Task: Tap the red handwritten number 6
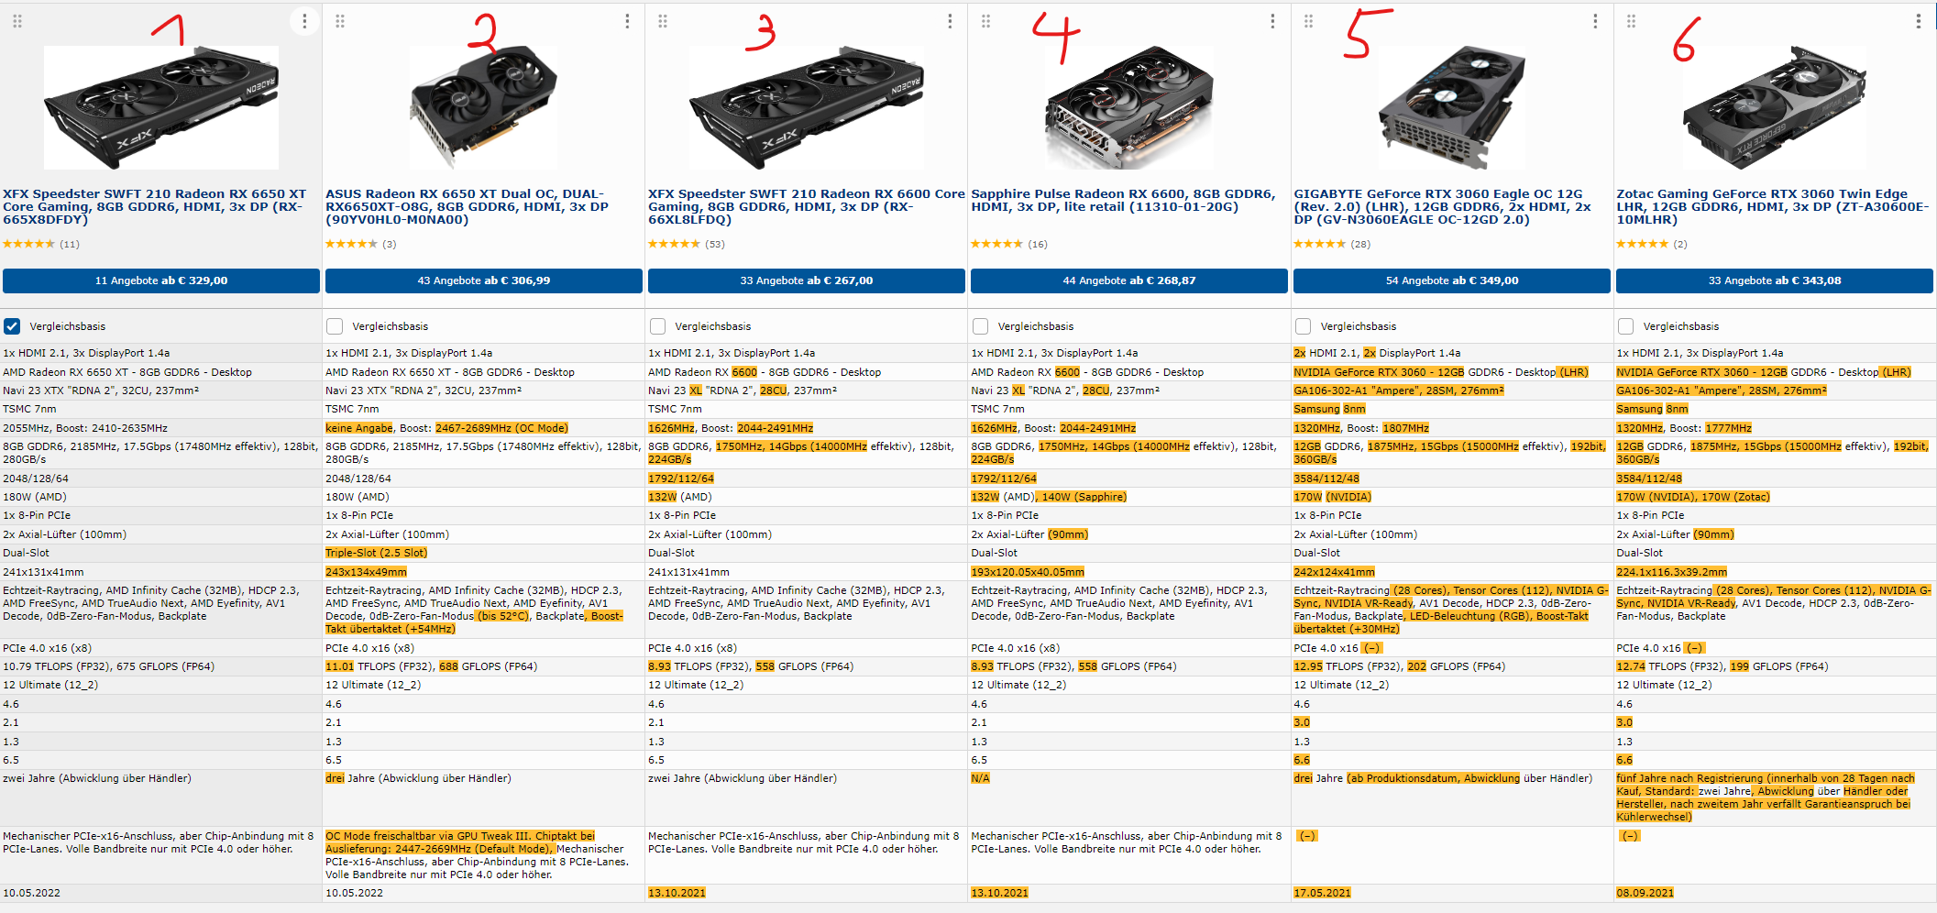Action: (1685, 40)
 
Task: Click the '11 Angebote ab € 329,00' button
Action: (161, 280)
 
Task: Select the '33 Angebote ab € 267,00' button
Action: (807, 280)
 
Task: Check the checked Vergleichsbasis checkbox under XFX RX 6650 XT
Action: (12, 326)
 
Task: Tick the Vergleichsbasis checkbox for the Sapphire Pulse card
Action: (980, 326)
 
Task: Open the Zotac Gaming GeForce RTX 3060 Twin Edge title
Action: (1772, 206)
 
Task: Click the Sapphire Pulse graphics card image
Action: (1128, 108)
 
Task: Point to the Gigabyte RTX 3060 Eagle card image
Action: (1451, 108)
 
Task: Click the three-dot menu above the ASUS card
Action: (627, 21)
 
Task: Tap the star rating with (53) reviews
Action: (687, 244)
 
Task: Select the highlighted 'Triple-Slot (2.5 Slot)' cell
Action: (376, 553)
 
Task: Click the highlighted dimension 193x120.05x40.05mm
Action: (1028, 572)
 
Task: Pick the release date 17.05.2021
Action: (1322, 893)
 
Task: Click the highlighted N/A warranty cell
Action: (980, 778)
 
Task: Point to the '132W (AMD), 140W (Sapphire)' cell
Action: (1049, 497)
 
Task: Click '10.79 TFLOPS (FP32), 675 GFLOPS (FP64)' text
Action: (109, 666)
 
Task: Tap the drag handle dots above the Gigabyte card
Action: (1308, 21)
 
